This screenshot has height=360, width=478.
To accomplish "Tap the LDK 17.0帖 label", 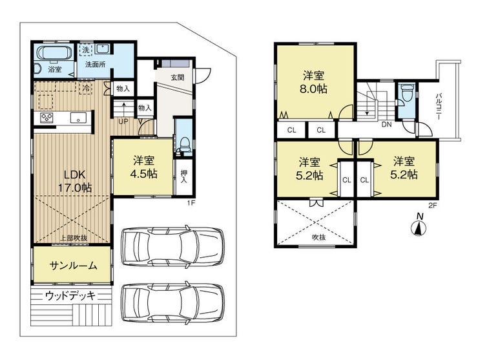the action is [75, 181].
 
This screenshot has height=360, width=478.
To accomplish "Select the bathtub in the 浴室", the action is [54, 53].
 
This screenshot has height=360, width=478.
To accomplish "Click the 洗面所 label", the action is [96, 65].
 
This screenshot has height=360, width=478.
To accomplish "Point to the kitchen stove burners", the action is [47, 118].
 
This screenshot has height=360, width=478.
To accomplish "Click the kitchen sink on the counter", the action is [78, 118].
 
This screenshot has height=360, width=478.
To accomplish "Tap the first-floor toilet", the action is [184, 144].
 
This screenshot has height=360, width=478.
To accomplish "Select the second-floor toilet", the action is [406, 92].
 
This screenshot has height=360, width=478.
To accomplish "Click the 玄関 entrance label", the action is [177, 77].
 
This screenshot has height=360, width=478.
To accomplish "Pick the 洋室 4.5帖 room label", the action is [143, 167].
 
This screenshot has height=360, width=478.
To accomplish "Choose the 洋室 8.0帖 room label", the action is [314, 82].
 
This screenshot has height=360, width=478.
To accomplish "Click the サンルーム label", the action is [73, 266].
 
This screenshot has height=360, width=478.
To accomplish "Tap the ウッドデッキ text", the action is [70, 295].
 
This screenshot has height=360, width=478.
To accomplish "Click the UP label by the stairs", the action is [123, 122].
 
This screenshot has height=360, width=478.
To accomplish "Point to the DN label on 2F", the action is [386, 125].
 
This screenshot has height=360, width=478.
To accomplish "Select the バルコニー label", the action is [439, 106].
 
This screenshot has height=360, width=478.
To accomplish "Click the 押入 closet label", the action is [184, 176].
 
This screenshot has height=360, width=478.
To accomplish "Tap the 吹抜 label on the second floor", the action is [319, 237].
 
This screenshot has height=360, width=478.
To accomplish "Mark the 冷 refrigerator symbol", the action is [87, 89].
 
